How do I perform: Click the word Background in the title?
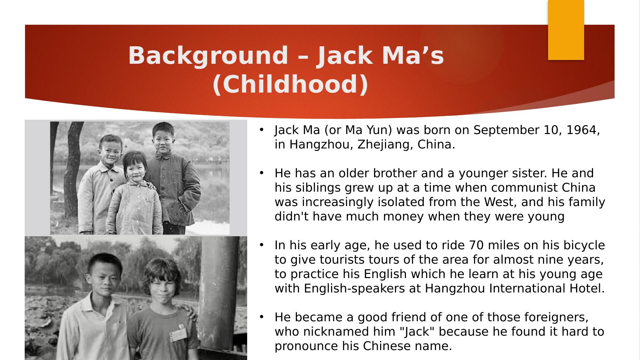coord(208,56)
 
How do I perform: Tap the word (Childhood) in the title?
coord(290,84)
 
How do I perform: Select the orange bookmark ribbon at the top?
coord(566,30)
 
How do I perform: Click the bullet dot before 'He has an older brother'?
coord(261,173)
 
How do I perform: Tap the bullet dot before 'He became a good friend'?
coord(261,317)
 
